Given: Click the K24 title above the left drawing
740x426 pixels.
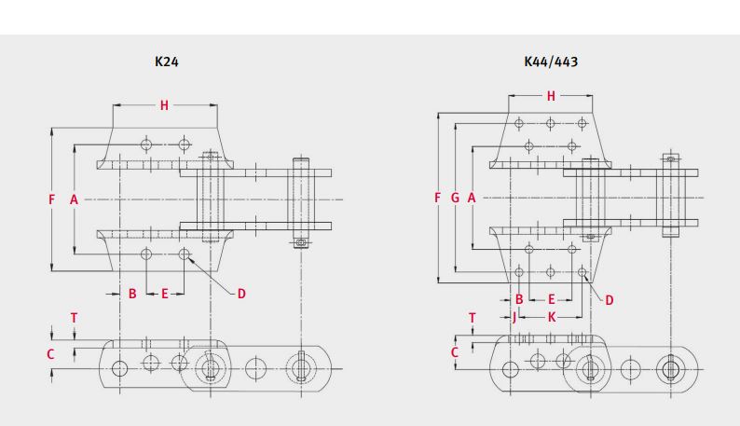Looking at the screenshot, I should [x=167, y=62].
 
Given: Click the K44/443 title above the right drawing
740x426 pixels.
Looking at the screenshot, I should [x=551, y=62].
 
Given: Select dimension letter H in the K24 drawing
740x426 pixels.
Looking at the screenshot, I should [x=164, y=105].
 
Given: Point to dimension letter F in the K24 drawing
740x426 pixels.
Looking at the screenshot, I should [x=52, y=199].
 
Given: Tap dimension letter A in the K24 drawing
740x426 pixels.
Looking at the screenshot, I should [x=74, y=199].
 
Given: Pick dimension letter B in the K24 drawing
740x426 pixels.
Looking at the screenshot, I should [x=132, y=294].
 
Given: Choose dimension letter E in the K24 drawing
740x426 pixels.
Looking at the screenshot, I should [x=165, y=294].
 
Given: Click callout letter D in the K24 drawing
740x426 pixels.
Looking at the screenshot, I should [x=240, y=294].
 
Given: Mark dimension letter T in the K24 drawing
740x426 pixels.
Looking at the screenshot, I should [x=75, y=318].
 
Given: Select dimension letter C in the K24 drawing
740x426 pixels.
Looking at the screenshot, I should [x=51, y=354].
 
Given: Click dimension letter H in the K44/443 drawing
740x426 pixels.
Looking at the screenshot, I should [x=551, y=96].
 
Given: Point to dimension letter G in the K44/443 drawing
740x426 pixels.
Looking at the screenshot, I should [x=454, y=198].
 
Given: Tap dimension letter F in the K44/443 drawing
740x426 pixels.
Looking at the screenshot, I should [x=438, y=198].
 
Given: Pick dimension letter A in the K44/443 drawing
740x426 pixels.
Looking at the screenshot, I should [x=472, y=198].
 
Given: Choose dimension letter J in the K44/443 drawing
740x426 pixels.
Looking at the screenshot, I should [x=514, y=317].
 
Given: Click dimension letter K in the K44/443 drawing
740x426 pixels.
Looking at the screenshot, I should [x=552, y=317].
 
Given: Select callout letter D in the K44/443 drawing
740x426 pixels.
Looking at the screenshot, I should [x=610, y=299].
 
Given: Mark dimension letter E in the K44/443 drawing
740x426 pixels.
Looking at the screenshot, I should [x=552, y=299].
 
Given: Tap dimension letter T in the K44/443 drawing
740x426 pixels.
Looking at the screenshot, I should [x=473, y=318].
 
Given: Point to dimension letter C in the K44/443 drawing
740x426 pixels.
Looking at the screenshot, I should [x=455, y=352].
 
